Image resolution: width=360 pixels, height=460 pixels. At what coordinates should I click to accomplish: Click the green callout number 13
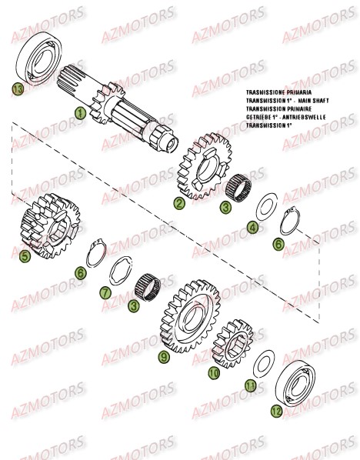click(x=17, y=91)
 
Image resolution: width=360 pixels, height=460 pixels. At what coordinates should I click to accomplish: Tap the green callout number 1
click(x=79, y=113)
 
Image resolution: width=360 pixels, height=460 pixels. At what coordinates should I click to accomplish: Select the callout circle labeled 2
click(x=178, y=204)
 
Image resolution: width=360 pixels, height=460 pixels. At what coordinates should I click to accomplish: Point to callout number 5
click(x=25, y=255)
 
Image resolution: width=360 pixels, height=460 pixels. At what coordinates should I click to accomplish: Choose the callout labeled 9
click(x=163, y=335)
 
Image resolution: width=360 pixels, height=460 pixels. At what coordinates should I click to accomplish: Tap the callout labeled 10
click(x=214, y=372)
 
